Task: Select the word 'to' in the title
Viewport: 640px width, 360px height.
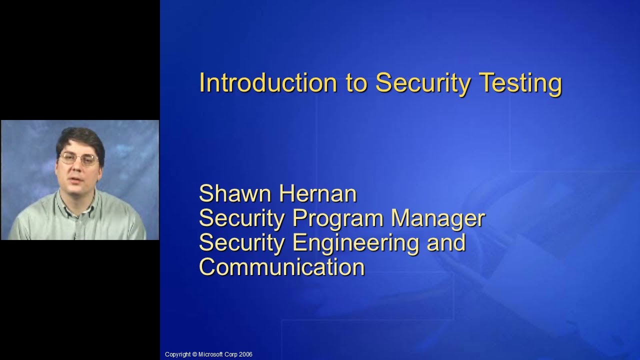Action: point(356,83)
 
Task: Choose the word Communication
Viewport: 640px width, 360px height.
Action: point(282,267)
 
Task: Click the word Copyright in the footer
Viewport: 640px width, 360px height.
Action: point(177,354)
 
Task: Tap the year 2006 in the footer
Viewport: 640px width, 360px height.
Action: point(245,354)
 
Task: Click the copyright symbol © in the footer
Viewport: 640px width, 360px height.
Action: point(194,354)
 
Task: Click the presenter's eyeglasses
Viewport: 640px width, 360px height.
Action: point(79,159)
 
